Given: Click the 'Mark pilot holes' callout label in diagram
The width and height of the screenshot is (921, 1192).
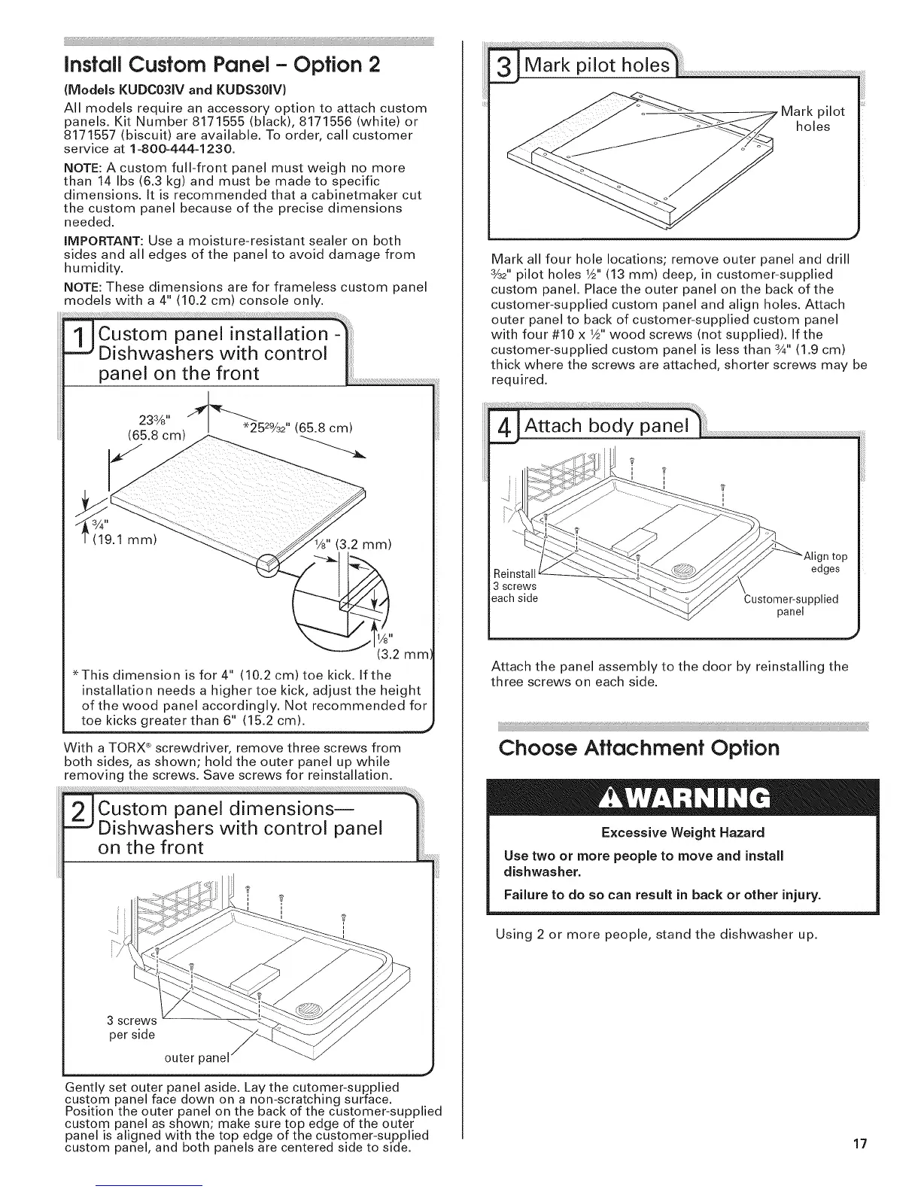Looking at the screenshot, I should pos(813,119).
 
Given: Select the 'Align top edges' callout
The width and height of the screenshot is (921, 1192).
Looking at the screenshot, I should pos(825,562).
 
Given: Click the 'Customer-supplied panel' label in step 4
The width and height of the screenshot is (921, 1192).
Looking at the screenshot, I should pos(791,605).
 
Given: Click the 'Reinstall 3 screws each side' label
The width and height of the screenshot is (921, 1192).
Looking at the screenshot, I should pos(515,585).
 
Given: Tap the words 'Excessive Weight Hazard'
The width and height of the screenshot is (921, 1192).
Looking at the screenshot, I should pos(682,832).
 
